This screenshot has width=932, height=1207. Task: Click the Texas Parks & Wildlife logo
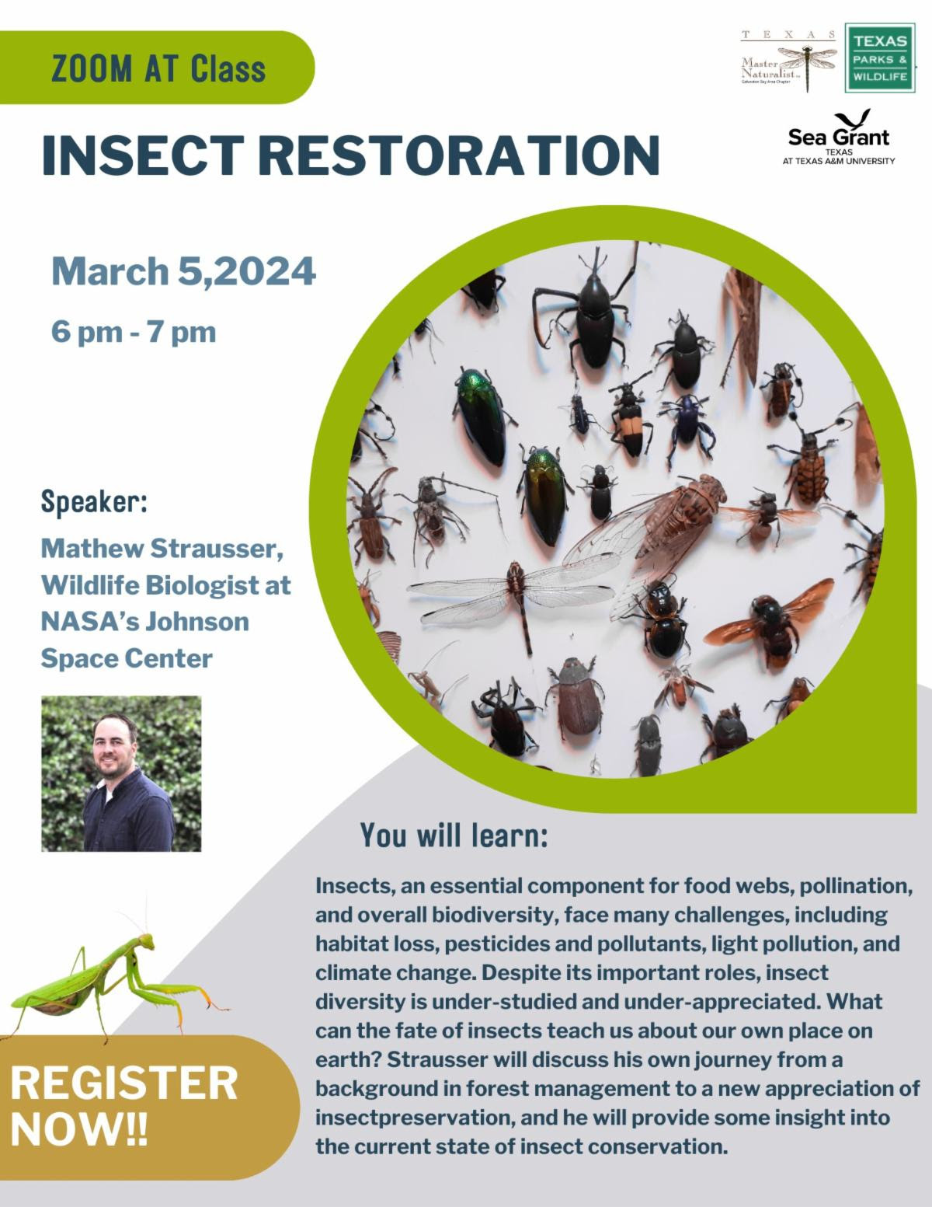pyautogui.click(x=880, y=58)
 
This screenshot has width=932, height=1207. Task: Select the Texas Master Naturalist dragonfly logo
pyautogui.click(x=789, y=60)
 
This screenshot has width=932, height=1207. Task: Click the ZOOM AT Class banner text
pyautogui.click(x=158, y=68)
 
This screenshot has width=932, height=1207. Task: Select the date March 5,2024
pyautogui.click(x=184, y=270)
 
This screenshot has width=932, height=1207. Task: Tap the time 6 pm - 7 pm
pyautogui.click(x=134, y=333)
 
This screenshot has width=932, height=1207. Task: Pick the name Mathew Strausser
pyautogui.click(x=162, y=549)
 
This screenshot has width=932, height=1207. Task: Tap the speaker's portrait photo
pyautogui.click(x=121, y=773)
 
